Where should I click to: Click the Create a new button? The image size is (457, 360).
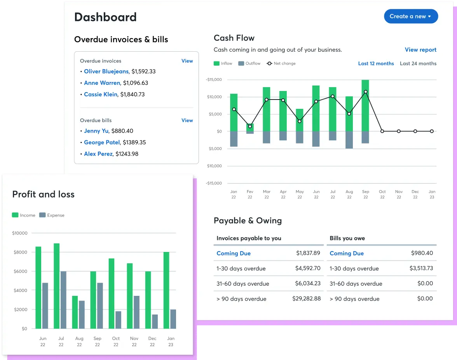(x=410, y=16)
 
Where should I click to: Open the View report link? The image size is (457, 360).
(x=420, y=50)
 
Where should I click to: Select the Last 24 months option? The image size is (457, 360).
(x=418, y=63)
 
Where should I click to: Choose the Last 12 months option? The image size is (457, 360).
(x=376, y=63)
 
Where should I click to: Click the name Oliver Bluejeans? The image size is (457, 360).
(x=106, y=72)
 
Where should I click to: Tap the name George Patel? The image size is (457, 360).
(x=102, y=142)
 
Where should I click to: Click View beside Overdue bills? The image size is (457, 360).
(x=187, y=121)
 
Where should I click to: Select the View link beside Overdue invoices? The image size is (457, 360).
(x=187, y=61)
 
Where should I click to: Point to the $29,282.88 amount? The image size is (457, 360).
(x=306, y=299)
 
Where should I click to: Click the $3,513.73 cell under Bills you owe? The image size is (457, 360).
(x=421, y=268)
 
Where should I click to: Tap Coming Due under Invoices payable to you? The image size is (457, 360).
(x=234, y=253)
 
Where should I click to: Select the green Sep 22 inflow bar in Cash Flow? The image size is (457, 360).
(x=365, y=105)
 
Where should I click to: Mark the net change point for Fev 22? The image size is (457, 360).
(x=250, y=126)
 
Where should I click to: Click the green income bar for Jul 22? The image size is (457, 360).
(x=57, y=286)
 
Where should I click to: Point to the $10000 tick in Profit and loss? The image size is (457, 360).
(x=20, y=233)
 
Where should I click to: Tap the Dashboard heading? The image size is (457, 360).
(x=105, y=17)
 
